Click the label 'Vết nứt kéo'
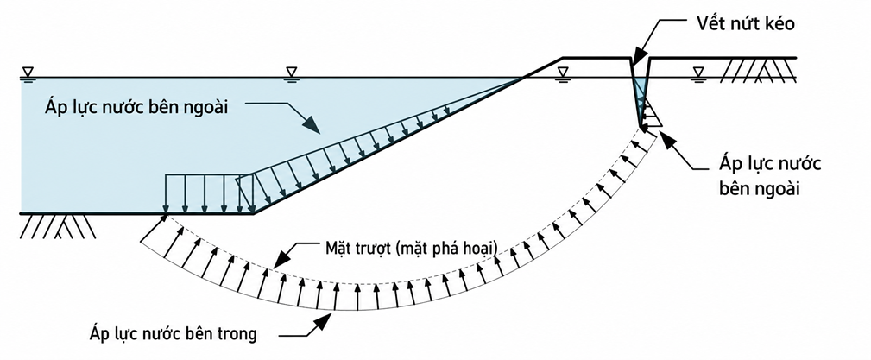pos(740,24)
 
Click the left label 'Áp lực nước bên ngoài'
pos(136,107)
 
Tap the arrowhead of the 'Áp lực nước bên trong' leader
pos(322,321)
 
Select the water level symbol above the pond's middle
pos(291,73)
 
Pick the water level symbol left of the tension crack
pos(564,73)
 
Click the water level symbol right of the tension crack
pos(698,73)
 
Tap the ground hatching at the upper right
pos(759,70)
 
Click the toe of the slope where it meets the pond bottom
pos(253,212)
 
